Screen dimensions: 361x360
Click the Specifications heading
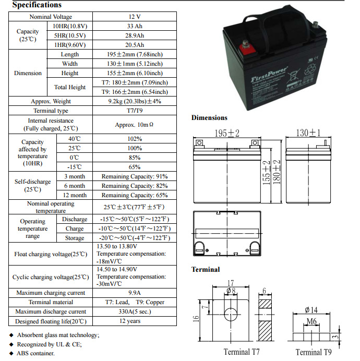pos(37,5)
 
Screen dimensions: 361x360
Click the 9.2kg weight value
pos(135,101)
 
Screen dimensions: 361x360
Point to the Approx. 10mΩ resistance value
pos(134,125)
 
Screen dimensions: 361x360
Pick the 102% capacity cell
pos(134,139)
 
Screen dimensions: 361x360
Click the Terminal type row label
pos(51,111)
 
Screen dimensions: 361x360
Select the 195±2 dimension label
pos(227,133)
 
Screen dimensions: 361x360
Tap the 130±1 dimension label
pos(308,133)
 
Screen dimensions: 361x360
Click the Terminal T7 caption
pos(242,352)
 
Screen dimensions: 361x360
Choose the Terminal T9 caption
pos(314,352)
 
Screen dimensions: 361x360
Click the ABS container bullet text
pos(36,353)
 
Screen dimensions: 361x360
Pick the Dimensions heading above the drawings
pos(209,118)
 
